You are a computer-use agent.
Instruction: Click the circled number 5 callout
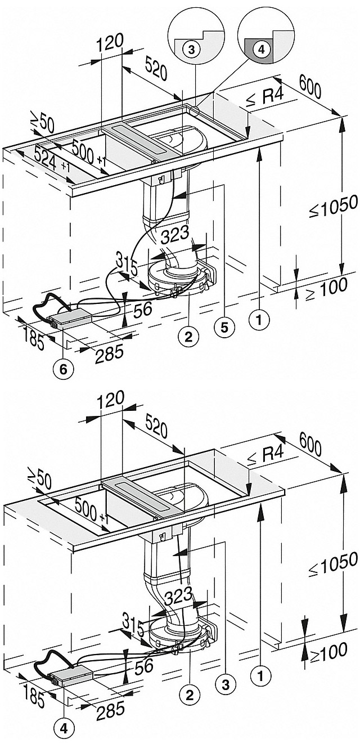pos(224,328)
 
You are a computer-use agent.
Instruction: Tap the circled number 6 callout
pos(64,369)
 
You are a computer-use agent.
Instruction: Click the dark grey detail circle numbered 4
pos(261,50)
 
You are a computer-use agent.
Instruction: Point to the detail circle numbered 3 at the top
pos(191,50)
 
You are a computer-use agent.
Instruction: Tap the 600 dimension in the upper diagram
pos(310,87)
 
